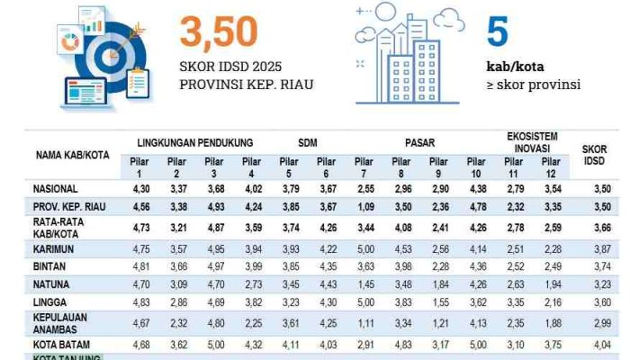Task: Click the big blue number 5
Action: click(498, 31)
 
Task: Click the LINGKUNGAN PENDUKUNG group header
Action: click(195, 143)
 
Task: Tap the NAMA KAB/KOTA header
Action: click(73, 155)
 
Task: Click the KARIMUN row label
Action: click(55, 247)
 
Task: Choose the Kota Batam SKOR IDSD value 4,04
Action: click(594, 344)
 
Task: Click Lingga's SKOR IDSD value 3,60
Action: click(594, 304)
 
